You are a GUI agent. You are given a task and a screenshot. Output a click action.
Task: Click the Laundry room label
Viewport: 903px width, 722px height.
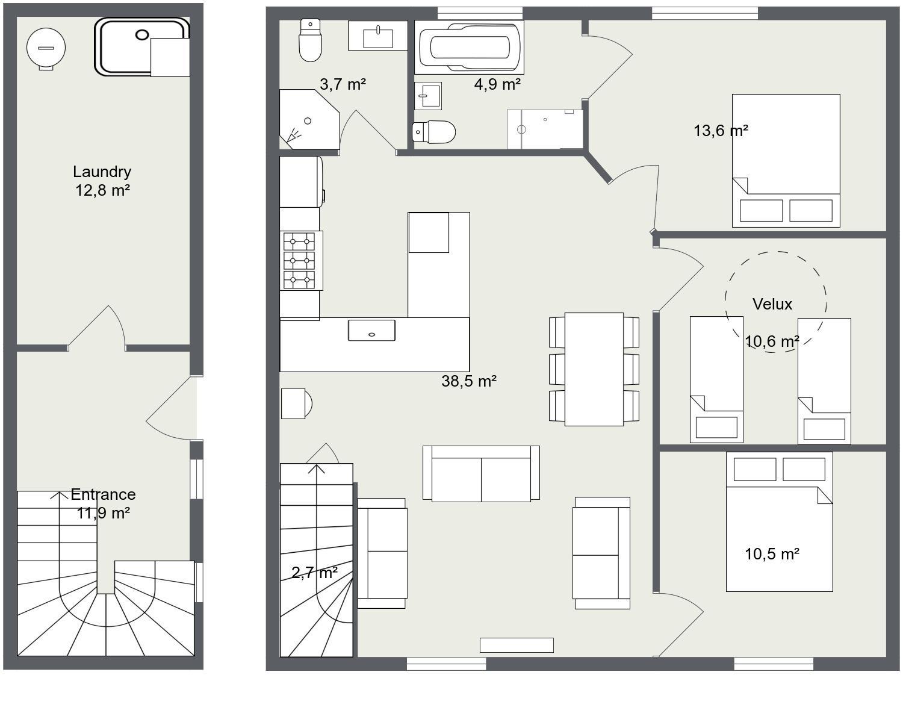coord(102,172)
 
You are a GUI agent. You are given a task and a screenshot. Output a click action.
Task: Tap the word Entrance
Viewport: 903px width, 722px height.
coord(103,494)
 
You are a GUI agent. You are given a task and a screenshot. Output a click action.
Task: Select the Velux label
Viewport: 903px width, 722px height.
coord(772,304)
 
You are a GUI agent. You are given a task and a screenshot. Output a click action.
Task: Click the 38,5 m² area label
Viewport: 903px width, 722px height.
coord(469,381)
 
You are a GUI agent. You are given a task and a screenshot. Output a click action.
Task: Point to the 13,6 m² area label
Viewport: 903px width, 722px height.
coord(721,131)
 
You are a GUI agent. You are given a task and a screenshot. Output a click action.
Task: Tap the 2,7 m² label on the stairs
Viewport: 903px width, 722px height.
coord(314,573)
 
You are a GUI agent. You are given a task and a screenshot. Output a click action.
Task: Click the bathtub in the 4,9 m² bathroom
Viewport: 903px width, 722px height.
coord(469,47)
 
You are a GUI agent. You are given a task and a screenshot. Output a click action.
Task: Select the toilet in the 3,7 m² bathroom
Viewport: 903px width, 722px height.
coord(310,40)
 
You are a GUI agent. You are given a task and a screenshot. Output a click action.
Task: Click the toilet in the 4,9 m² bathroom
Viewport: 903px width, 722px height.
coord(433,132)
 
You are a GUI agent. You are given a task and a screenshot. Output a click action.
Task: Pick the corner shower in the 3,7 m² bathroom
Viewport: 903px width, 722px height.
coord(309,119)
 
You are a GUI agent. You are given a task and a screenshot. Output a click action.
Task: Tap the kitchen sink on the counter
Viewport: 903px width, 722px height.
coord(371,331)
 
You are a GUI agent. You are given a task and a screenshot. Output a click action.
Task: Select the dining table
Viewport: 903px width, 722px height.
coord(594,369)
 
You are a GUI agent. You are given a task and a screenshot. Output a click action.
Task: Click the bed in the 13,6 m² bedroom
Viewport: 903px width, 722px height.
coord(786,161)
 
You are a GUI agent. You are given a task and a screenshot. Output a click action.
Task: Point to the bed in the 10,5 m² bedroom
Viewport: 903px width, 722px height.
coord(779,521)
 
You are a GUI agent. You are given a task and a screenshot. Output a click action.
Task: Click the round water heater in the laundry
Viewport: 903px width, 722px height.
coord(46,48)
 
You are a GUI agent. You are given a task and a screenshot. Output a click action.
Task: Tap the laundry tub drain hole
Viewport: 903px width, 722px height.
coord(142,35)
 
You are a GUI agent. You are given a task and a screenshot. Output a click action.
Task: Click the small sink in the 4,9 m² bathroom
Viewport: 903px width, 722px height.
coord(428,96)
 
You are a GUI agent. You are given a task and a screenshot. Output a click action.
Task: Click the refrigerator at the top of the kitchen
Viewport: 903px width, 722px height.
coord(301,182)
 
